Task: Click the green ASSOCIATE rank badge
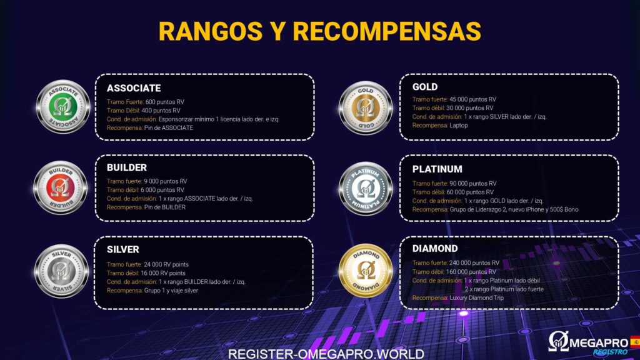coord(63,106)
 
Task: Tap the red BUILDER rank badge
coord(60,187)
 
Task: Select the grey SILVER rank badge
coord(62,271)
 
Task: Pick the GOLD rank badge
coord(365,107)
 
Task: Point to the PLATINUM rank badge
coord(365,189)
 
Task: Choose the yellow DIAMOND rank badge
coord(365,270)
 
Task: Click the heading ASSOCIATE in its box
coord(134,88)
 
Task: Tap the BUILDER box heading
coord(126,167)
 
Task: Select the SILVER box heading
coord(123,249)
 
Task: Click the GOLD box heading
coord(425,87)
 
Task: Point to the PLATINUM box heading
coord(437,169)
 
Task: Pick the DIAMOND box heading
coord(435,249)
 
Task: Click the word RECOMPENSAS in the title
coord(387,31)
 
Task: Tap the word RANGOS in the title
coord(210,31)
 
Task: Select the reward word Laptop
coord(459,125)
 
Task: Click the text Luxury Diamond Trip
coord(477,298)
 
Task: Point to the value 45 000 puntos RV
coord(472,99)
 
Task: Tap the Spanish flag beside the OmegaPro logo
coord(635,341)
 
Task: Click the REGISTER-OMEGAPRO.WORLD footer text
coord(326,354)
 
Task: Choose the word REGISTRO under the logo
coord(610,352)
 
